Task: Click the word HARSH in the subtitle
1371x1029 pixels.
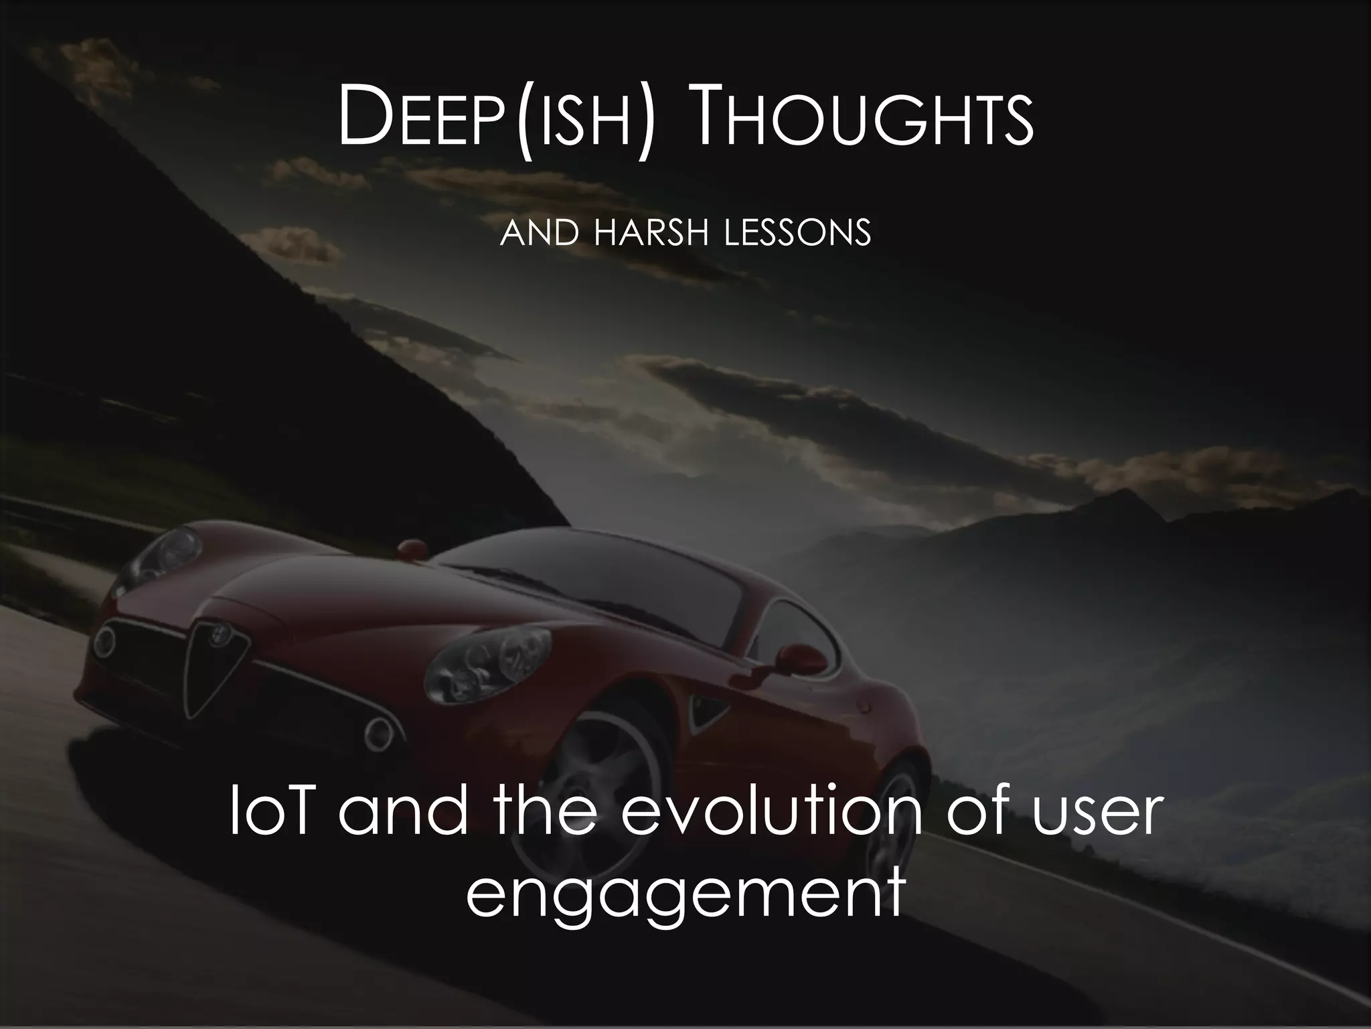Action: [650, 233]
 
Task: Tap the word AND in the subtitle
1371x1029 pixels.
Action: [538, 233]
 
